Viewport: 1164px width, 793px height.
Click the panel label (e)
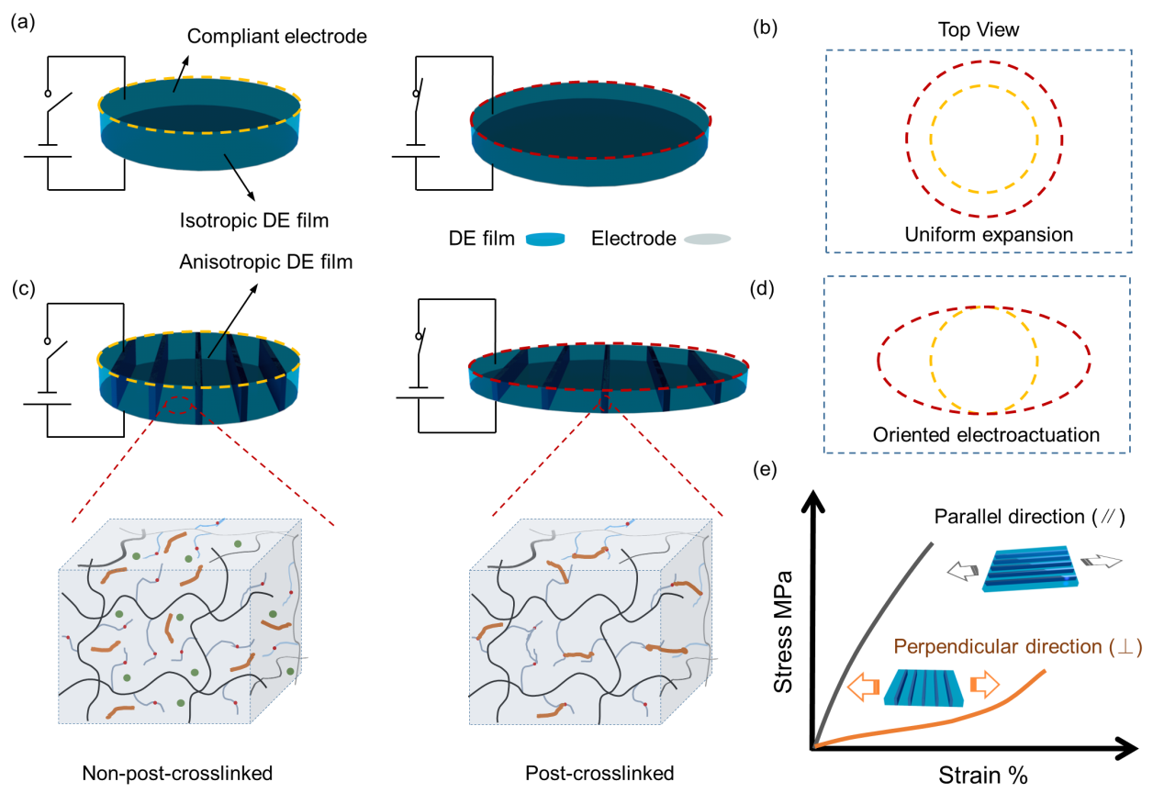[x=764, y=470]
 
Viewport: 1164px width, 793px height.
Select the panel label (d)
[x=764, y=291]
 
